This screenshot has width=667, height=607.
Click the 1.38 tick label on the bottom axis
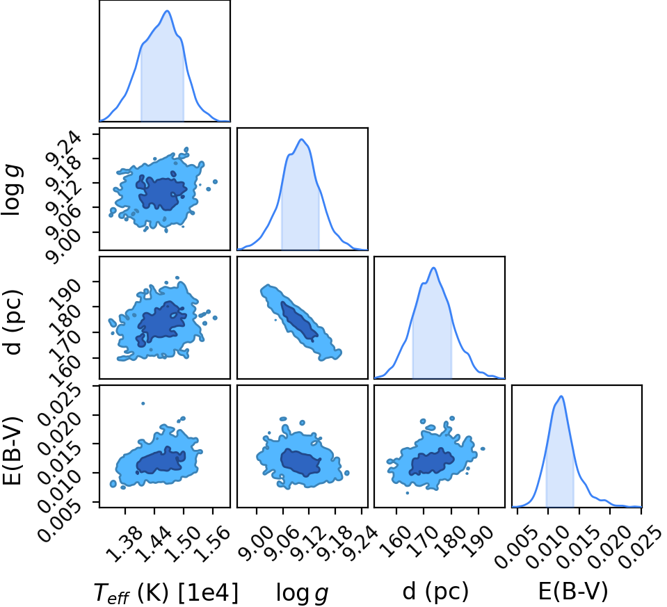click(119, 540)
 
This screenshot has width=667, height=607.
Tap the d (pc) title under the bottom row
click(435, 591)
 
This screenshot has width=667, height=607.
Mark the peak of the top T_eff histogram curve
click(167, 10)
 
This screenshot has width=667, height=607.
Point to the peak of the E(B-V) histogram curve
click(562, 396)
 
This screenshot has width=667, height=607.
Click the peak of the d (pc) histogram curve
click(433, 268)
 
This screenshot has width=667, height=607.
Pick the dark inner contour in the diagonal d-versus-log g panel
click(299, 321)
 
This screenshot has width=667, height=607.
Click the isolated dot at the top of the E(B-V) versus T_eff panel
click(143, 403)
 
